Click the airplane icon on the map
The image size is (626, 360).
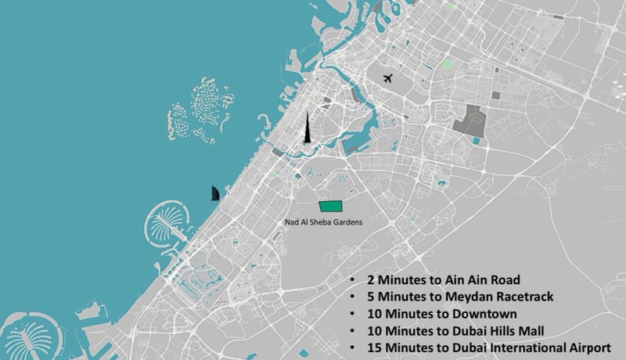click(x=389, y=78)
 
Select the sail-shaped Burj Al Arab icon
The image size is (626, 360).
click(x=214, y=193)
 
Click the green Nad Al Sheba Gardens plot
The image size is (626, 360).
click(x=332, y=206)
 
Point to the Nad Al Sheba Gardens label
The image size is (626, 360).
click(x=317, y=222)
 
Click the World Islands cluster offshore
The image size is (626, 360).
click(x=200, y=110)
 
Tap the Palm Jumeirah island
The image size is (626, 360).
click(x=166, y=222)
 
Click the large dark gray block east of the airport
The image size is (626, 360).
click(x=469, y=121)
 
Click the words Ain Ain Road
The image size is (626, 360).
click(x=484, y=279)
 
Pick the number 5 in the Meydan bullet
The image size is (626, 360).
click(x=370, y=297)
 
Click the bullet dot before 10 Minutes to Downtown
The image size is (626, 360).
click(x=353, y=314)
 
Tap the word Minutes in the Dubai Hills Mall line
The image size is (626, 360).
click(x=412, y=330)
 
